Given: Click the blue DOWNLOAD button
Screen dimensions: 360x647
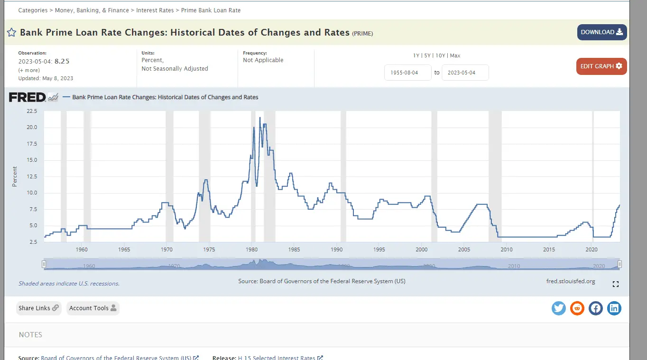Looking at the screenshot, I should pos(601,32).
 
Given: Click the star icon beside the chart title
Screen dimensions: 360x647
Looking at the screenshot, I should pos(11,33).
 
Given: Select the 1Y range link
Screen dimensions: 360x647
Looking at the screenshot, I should pos(416,55).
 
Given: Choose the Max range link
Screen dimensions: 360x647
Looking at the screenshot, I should pos(455,55).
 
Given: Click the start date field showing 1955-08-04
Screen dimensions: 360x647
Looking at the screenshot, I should pos(407,73).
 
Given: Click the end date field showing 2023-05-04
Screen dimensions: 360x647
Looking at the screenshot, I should pos(465,73).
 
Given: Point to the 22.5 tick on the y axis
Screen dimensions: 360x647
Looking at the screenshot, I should pos(32,111).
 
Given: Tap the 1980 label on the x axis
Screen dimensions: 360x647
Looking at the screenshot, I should pos(251,249).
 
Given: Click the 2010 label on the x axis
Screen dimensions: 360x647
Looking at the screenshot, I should pos(507,249).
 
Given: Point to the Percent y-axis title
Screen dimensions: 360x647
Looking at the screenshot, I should pos(15,176).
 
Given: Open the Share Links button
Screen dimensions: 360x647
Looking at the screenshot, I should pos(38,308).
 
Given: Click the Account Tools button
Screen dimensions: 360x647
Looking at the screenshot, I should pos(92,308).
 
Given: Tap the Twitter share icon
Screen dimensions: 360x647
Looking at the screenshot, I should pos(559,308).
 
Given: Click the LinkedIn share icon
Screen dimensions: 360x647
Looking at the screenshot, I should pos(614,308).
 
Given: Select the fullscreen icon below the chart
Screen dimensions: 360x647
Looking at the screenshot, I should pos(616,284).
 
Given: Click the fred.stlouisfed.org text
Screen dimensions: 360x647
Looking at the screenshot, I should pos(571,281).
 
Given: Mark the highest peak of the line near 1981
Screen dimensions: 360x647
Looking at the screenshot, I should pos(260,117).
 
